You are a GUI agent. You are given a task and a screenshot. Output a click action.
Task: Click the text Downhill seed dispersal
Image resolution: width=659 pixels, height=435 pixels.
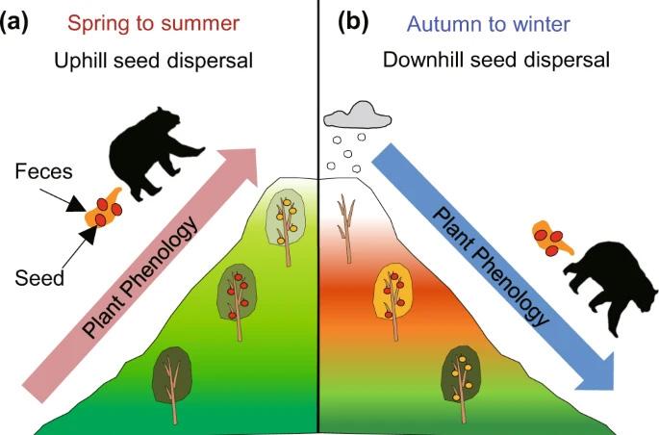click(495, 61)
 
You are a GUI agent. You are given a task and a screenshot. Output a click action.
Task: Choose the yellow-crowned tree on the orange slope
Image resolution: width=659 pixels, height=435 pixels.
click(393, 289)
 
